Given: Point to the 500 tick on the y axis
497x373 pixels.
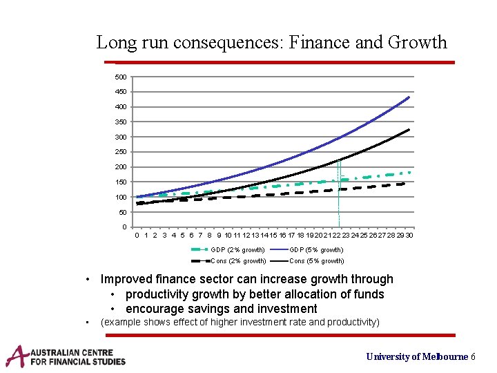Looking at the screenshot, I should (121, 77).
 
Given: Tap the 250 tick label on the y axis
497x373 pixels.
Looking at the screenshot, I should (121, 152).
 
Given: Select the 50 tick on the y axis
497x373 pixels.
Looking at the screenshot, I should (123, 212).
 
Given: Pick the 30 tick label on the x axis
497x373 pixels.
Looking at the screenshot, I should (409, 236).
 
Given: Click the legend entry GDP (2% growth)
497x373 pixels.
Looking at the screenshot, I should (237, 249).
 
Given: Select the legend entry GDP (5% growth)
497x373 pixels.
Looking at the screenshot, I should (316, 249).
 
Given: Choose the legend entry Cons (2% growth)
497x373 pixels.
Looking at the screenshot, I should (238, 261).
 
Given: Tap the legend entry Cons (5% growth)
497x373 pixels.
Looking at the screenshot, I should (316, 261).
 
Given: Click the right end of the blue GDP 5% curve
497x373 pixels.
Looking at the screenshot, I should (409, 97).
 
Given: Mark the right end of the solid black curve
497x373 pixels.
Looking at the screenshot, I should (409, 130).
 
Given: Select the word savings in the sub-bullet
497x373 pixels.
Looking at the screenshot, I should (208, 309).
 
